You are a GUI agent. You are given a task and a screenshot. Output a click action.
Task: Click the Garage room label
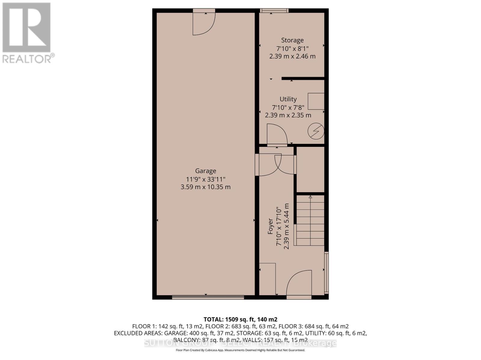tap(206, 171)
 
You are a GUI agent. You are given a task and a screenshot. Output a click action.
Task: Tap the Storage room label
tap(292, 40)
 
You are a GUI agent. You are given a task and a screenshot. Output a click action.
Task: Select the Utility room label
tap(288, 99)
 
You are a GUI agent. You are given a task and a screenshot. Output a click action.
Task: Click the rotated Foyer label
tap(271, 226)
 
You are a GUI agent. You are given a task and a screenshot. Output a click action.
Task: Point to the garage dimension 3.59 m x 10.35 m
tap(206, 187)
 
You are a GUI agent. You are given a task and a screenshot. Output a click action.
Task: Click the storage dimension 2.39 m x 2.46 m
tap(292, 56)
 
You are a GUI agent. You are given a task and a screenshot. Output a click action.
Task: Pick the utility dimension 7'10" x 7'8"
tap(288, 107)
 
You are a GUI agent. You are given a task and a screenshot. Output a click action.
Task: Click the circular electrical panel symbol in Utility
tap(316, 131)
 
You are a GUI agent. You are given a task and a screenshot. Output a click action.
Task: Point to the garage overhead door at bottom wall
tap(208, 297)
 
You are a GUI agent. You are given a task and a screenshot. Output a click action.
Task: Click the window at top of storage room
tap(274, 10)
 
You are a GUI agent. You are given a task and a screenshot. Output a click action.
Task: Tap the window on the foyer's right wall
tap(326, 272)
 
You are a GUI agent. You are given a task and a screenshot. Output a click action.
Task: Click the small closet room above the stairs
tap(310, 169)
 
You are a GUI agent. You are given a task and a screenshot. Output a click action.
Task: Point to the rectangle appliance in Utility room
tap(316, 101)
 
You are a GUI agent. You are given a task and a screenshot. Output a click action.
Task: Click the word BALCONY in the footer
tap(186, 340)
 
